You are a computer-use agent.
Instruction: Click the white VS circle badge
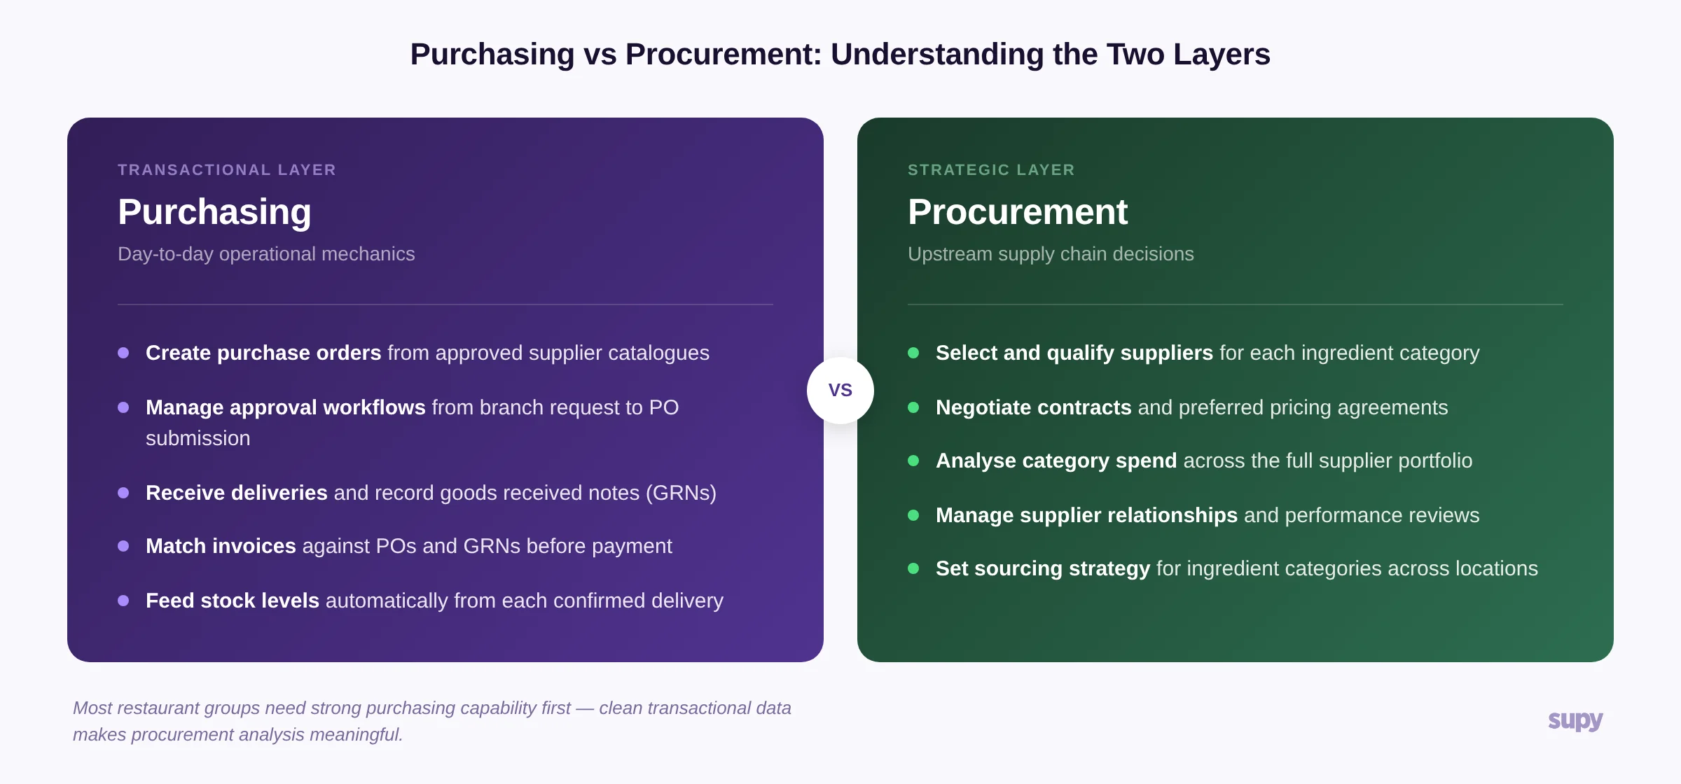point(840,390)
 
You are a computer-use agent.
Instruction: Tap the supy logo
point(1575,720)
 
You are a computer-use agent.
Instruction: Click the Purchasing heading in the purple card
point(214,211)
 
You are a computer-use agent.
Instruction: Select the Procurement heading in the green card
point(1017,211)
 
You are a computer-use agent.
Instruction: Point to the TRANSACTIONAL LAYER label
point(227,170)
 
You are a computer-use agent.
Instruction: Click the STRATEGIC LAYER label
point(990,170)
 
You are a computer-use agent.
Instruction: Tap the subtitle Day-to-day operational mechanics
point(266,254)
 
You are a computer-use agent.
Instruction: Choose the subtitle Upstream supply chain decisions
point(1051,254)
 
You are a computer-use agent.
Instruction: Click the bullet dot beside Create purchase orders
point(123,353)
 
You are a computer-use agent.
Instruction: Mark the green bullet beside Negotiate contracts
point(913,407)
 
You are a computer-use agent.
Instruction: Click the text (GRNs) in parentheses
point(680,493)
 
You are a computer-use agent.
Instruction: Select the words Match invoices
point(221,546)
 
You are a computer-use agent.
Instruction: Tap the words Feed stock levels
point(232,601)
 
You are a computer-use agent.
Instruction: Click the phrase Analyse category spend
point(1056,461)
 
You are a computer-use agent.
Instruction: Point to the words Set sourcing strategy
point(1042,568)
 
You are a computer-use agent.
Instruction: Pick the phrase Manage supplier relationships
point(1086,515)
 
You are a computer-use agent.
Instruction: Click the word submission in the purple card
point(198,438)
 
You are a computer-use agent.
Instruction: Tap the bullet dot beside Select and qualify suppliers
point(913,353)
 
